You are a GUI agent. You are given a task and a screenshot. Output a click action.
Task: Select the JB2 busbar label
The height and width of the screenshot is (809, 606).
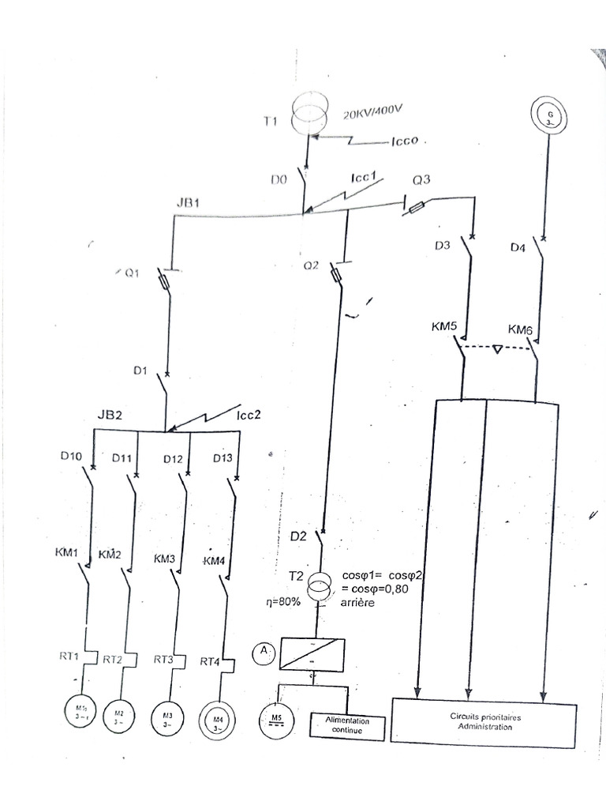click(x=111, y=415)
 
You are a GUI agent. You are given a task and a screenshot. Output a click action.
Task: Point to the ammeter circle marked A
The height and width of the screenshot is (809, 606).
click(x=263, y=651)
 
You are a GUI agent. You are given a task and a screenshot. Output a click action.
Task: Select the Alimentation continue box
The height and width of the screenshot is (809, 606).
click(x=347, y=726)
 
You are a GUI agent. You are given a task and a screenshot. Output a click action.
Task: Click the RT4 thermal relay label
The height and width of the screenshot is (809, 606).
click(x=209, y=661)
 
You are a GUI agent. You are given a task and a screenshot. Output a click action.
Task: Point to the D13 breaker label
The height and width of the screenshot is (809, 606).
click(x=223, y=458)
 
